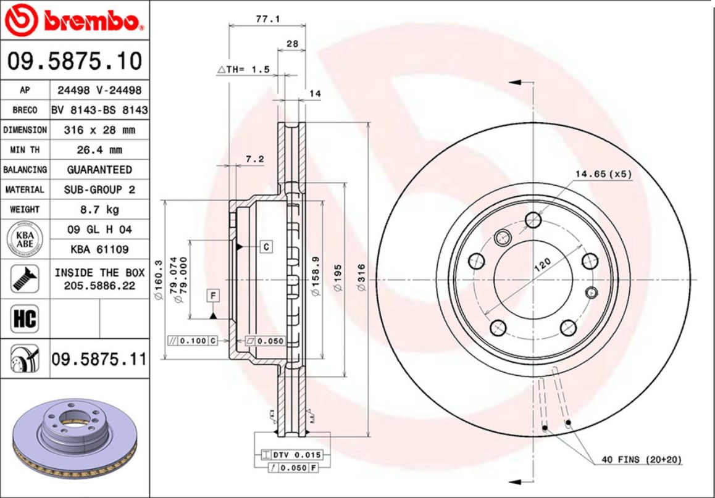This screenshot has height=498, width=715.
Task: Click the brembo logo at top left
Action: pos(74,21)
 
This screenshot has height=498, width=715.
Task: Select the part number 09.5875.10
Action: pos(74,61)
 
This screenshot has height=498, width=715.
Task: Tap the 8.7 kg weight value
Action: pos(99,209)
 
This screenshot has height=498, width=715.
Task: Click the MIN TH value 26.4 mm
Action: pos(99,150)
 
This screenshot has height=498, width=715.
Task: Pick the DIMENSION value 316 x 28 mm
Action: pos(99,130)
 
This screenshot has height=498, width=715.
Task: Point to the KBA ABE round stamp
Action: pos(24,239)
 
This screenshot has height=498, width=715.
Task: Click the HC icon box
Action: pos(24,319)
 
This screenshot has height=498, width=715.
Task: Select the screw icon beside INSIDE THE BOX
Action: pos(24,279)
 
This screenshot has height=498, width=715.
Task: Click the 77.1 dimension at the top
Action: pos(268,19)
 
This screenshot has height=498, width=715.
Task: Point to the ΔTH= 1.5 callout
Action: pos(243,70)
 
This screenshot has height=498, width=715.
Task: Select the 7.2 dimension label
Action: pos(254,159)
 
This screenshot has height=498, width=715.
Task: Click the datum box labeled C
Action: pos(266,247)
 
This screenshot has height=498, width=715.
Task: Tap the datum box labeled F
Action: pos(213,296)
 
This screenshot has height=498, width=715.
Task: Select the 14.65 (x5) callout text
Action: pos(603,174)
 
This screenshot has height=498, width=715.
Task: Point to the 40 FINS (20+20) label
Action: pos(642,460)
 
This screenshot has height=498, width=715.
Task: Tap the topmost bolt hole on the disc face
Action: pos(533,220)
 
